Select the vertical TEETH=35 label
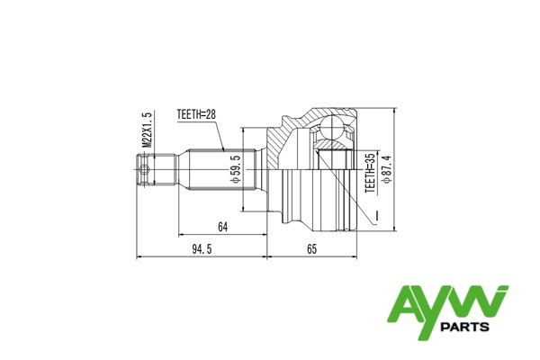369,174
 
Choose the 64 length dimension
222,228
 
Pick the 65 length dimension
311,250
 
